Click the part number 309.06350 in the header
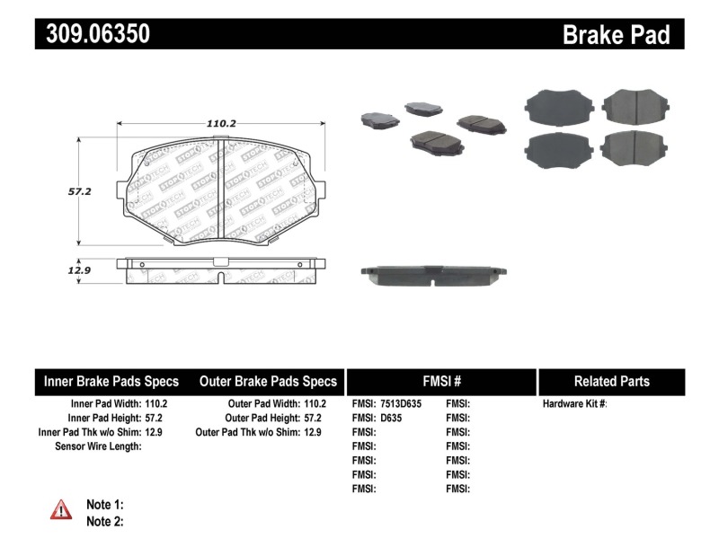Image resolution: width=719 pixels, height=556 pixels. point(93,34)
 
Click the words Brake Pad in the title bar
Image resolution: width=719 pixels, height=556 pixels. point(616,34)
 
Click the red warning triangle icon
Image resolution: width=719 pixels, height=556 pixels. point(61,510)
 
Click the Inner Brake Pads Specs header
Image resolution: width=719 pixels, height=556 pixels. point(111,381)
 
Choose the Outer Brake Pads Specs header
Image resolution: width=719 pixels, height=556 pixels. point(268,381)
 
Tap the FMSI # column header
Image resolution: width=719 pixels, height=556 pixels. point(440,381)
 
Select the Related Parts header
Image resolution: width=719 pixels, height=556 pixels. point(611,381)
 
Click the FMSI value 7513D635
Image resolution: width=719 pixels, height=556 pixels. point(400,404)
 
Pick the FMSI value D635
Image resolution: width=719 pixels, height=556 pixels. point(392,418)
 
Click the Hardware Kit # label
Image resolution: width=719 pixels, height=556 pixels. point(574,404)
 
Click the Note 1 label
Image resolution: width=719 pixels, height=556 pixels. point(104,504)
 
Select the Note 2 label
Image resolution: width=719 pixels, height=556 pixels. point(104,521)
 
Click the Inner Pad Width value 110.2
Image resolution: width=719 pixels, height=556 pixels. point(155,404)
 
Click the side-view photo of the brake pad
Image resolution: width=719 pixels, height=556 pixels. point(432,275)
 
